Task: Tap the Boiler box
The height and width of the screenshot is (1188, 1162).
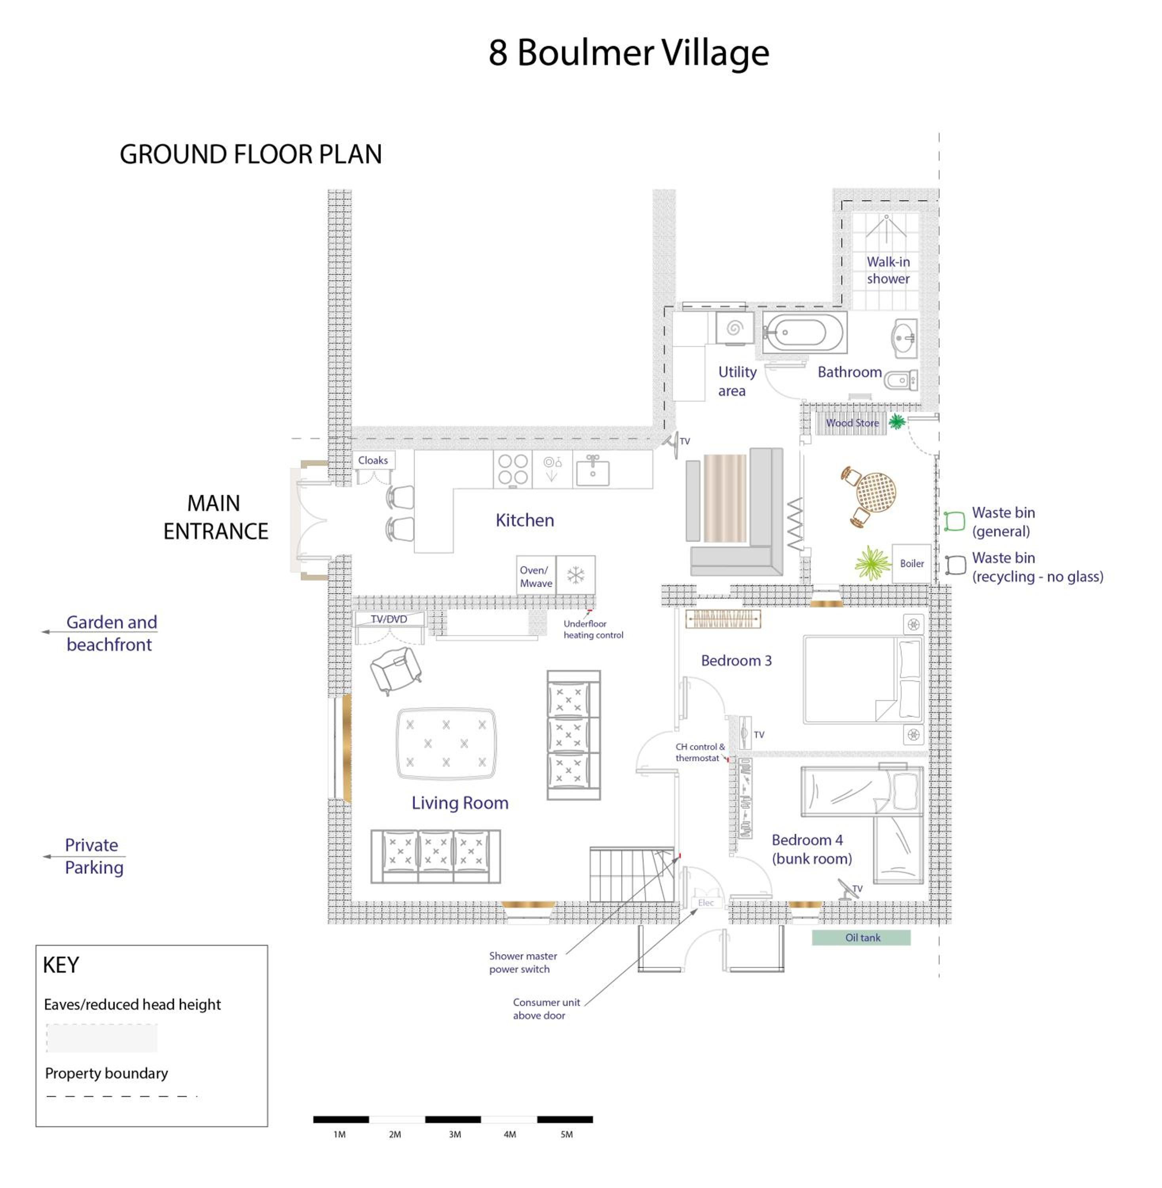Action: [912, 563]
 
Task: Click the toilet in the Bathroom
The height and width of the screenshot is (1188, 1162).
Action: [900, 380]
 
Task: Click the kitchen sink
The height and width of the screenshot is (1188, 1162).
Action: [592, 470]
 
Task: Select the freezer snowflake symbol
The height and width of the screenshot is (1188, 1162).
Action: [575, 575]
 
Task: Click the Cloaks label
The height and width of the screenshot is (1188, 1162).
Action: [373, 460]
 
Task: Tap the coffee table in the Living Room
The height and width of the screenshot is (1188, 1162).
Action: [446, 743]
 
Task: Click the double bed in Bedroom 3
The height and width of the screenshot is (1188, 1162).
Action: [863, 680]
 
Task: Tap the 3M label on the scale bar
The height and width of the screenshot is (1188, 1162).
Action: [455, 1134]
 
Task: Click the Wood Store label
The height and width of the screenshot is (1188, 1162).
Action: [852, 423]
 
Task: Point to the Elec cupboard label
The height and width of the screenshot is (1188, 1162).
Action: [706, 902]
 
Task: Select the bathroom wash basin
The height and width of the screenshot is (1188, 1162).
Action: [904, 338]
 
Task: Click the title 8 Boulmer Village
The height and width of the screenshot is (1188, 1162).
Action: [628, 53]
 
